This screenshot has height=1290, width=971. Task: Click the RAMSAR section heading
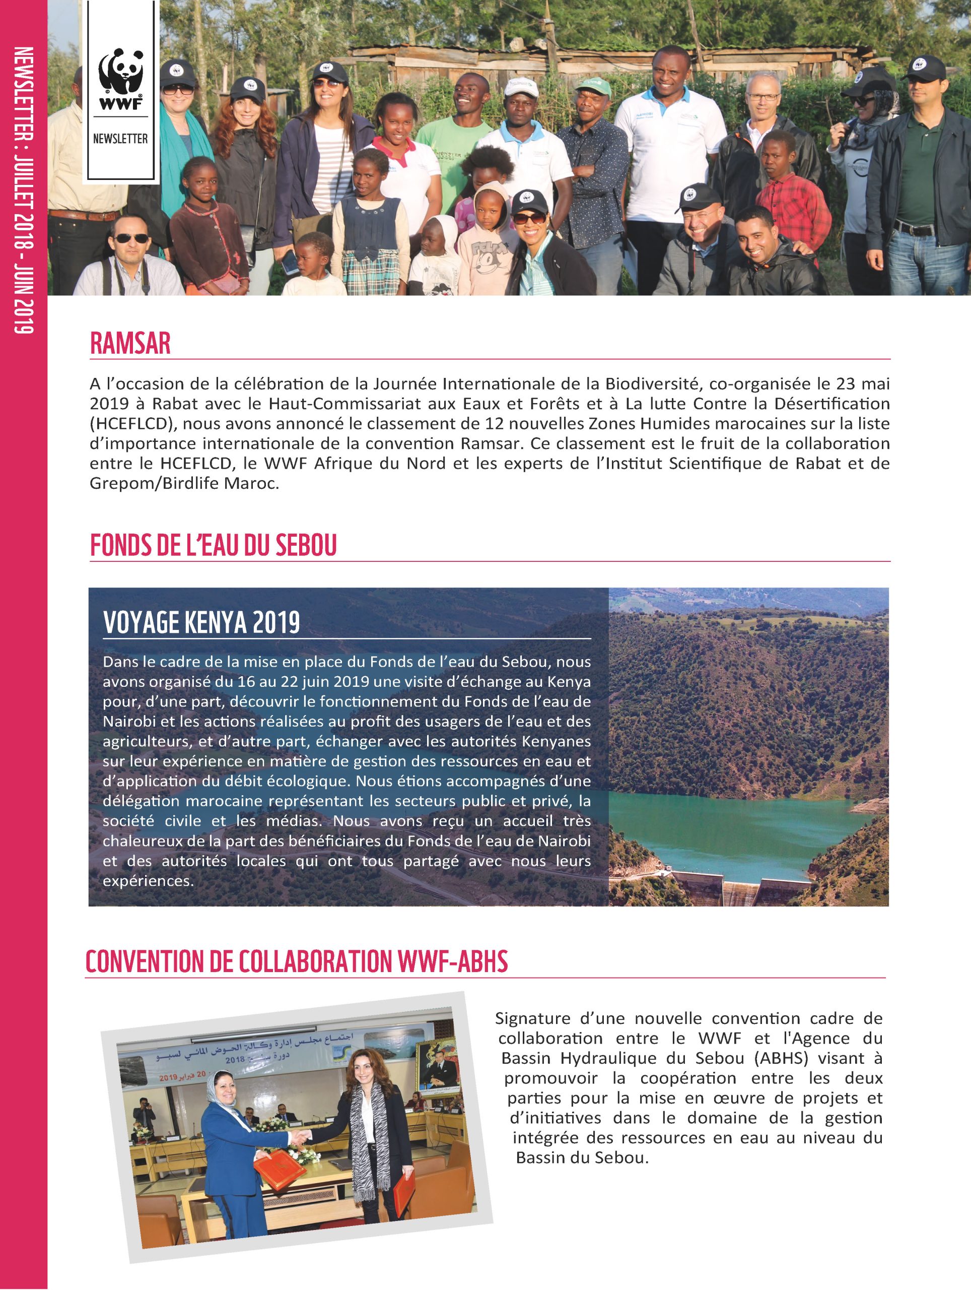[130, 344]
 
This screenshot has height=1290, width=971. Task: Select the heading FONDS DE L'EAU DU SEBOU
[214, 546]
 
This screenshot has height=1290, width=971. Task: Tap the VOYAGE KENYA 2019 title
[201, 623]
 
